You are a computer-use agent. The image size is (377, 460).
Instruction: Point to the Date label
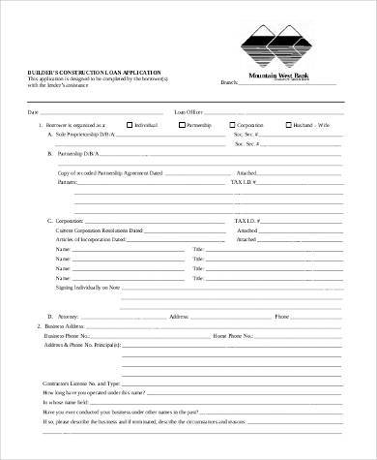click(32, 112)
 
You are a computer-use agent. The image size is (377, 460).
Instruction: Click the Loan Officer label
click(189, 112)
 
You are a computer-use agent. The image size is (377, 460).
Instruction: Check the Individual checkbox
click(130, 125)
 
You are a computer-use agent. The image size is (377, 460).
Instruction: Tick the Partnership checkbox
click(180, 125)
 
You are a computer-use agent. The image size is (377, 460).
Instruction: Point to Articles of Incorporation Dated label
click(96, 239)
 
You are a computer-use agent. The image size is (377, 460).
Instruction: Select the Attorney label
click(67, 317)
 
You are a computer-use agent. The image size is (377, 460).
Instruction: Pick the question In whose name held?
click(64, 403)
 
